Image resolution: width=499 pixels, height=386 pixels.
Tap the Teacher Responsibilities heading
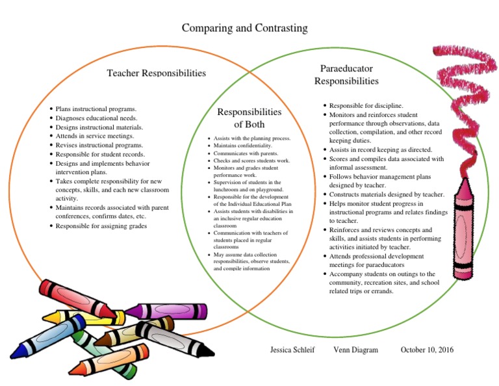156,73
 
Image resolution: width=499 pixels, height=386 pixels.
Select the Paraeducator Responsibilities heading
346,75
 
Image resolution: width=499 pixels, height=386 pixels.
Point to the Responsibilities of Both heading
249,118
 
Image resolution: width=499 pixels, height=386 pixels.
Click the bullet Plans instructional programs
96,109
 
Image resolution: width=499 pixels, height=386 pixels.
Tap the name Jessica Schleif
292,350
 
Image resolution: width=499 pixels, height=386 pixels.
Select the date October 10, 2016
427,350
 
